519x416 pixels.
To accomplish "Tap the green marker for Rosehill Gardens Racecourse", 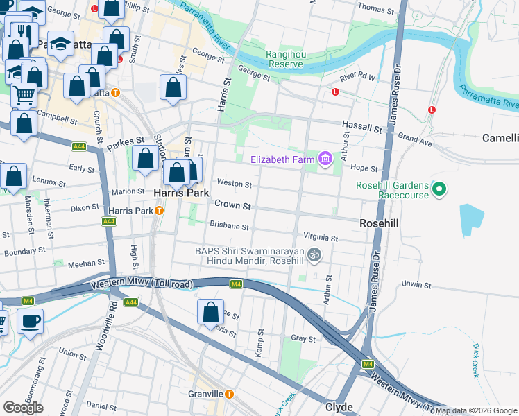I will [x=439, y=189].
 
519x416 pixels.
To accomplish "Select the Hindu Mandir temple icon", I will [x=314, y=255].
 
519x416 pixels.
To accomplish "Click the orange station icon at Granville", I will [x=230, y=394].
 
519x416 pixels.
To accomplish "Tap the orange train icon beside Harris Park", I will [x=160, y=210].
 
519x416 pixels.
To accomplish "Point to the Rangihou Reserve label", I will [x=284, y=59].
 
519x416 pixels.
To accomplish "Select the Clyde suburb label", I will [x=339, y=407].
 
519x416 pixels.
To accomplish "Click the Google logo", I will [x=23, y=408].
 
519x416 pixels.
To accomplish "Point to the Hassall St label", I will [x=361, y=130].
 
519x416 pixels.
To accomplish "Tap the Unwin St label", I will [x=416, y=284].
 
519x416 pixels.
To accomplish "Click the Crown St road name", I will [x=232, y=204].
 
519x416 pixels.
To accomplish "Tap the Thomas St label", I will [x=375, y=8].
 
